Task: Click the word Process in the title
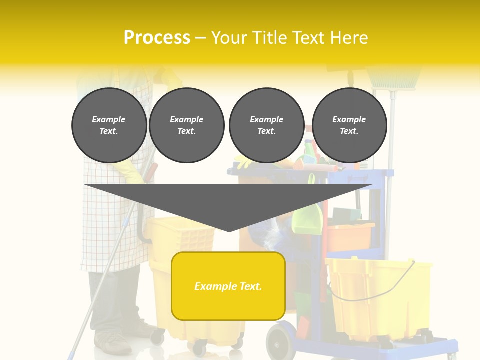(x=157, y=37)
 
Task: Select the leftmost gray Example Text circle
(x=109, y=125)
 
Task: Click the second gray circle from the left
(x=186, y=125)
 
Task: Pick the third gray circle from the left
(x=266, y=125)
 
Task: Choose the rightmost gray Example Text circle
(x=349, y=125)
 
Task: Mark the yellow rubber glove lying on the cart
(x=245, y=162)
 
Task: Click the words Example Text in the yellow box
(x=228, y=286)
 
